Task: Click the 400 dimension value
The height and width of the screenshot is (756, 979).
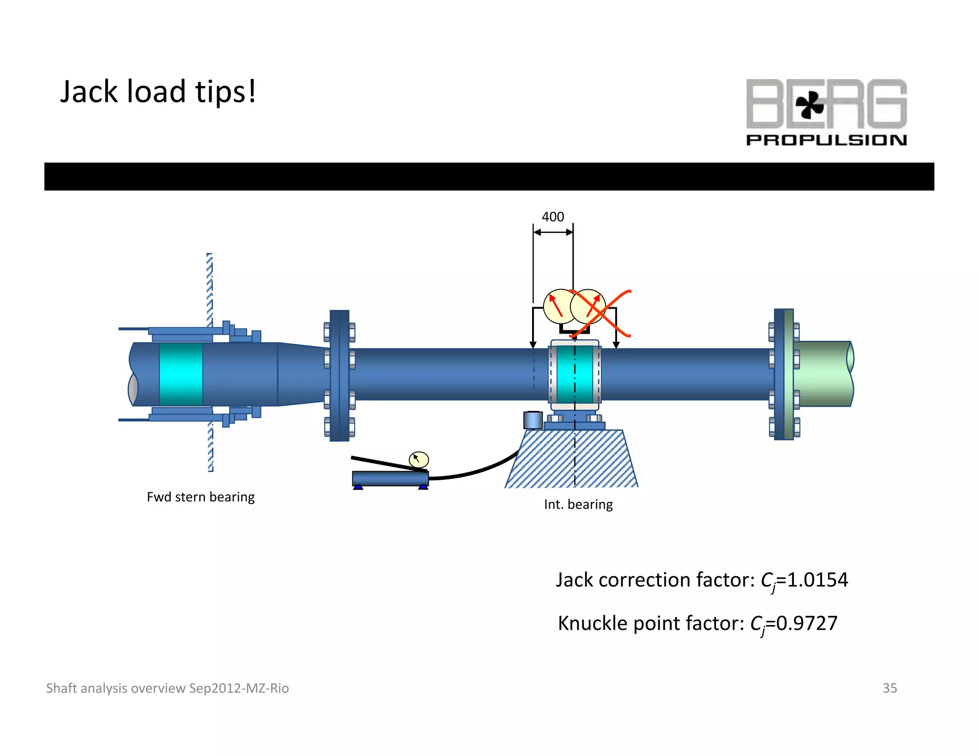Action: point(553,217)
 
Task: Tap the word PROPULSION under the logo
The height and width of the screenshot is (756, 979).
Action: point(826,140)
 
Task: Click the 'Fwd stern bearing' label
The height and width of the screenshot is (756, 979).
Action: point(200,497)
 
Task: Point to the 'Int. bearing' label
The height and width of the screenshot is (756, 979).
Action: point(578,504)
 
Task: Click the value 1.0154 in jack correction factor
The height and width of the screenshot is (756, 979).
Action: point(817,580)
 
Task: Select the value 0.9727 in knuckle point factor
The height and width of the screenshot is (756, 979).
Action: point(806,623)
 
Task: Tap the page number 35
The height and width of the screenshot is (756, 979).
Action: point(889,688)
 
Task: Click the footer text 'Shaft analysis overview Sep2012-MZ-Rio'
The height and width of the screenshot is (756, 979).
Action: point(167,688)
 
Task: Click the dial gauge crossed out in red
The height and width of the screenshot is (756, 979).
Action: point(588,306)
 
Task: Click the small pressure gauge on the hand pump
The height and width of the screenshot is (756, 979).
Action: point(419,460)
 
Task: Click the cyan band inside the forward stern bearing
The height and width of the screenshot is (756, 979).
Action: point(181,374)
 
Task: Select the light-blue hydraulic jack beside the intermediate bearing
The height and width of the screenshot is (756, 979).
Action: point(533,420)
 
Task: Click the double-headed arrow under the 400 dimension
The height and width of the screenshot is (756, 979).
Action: point(553,232)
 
